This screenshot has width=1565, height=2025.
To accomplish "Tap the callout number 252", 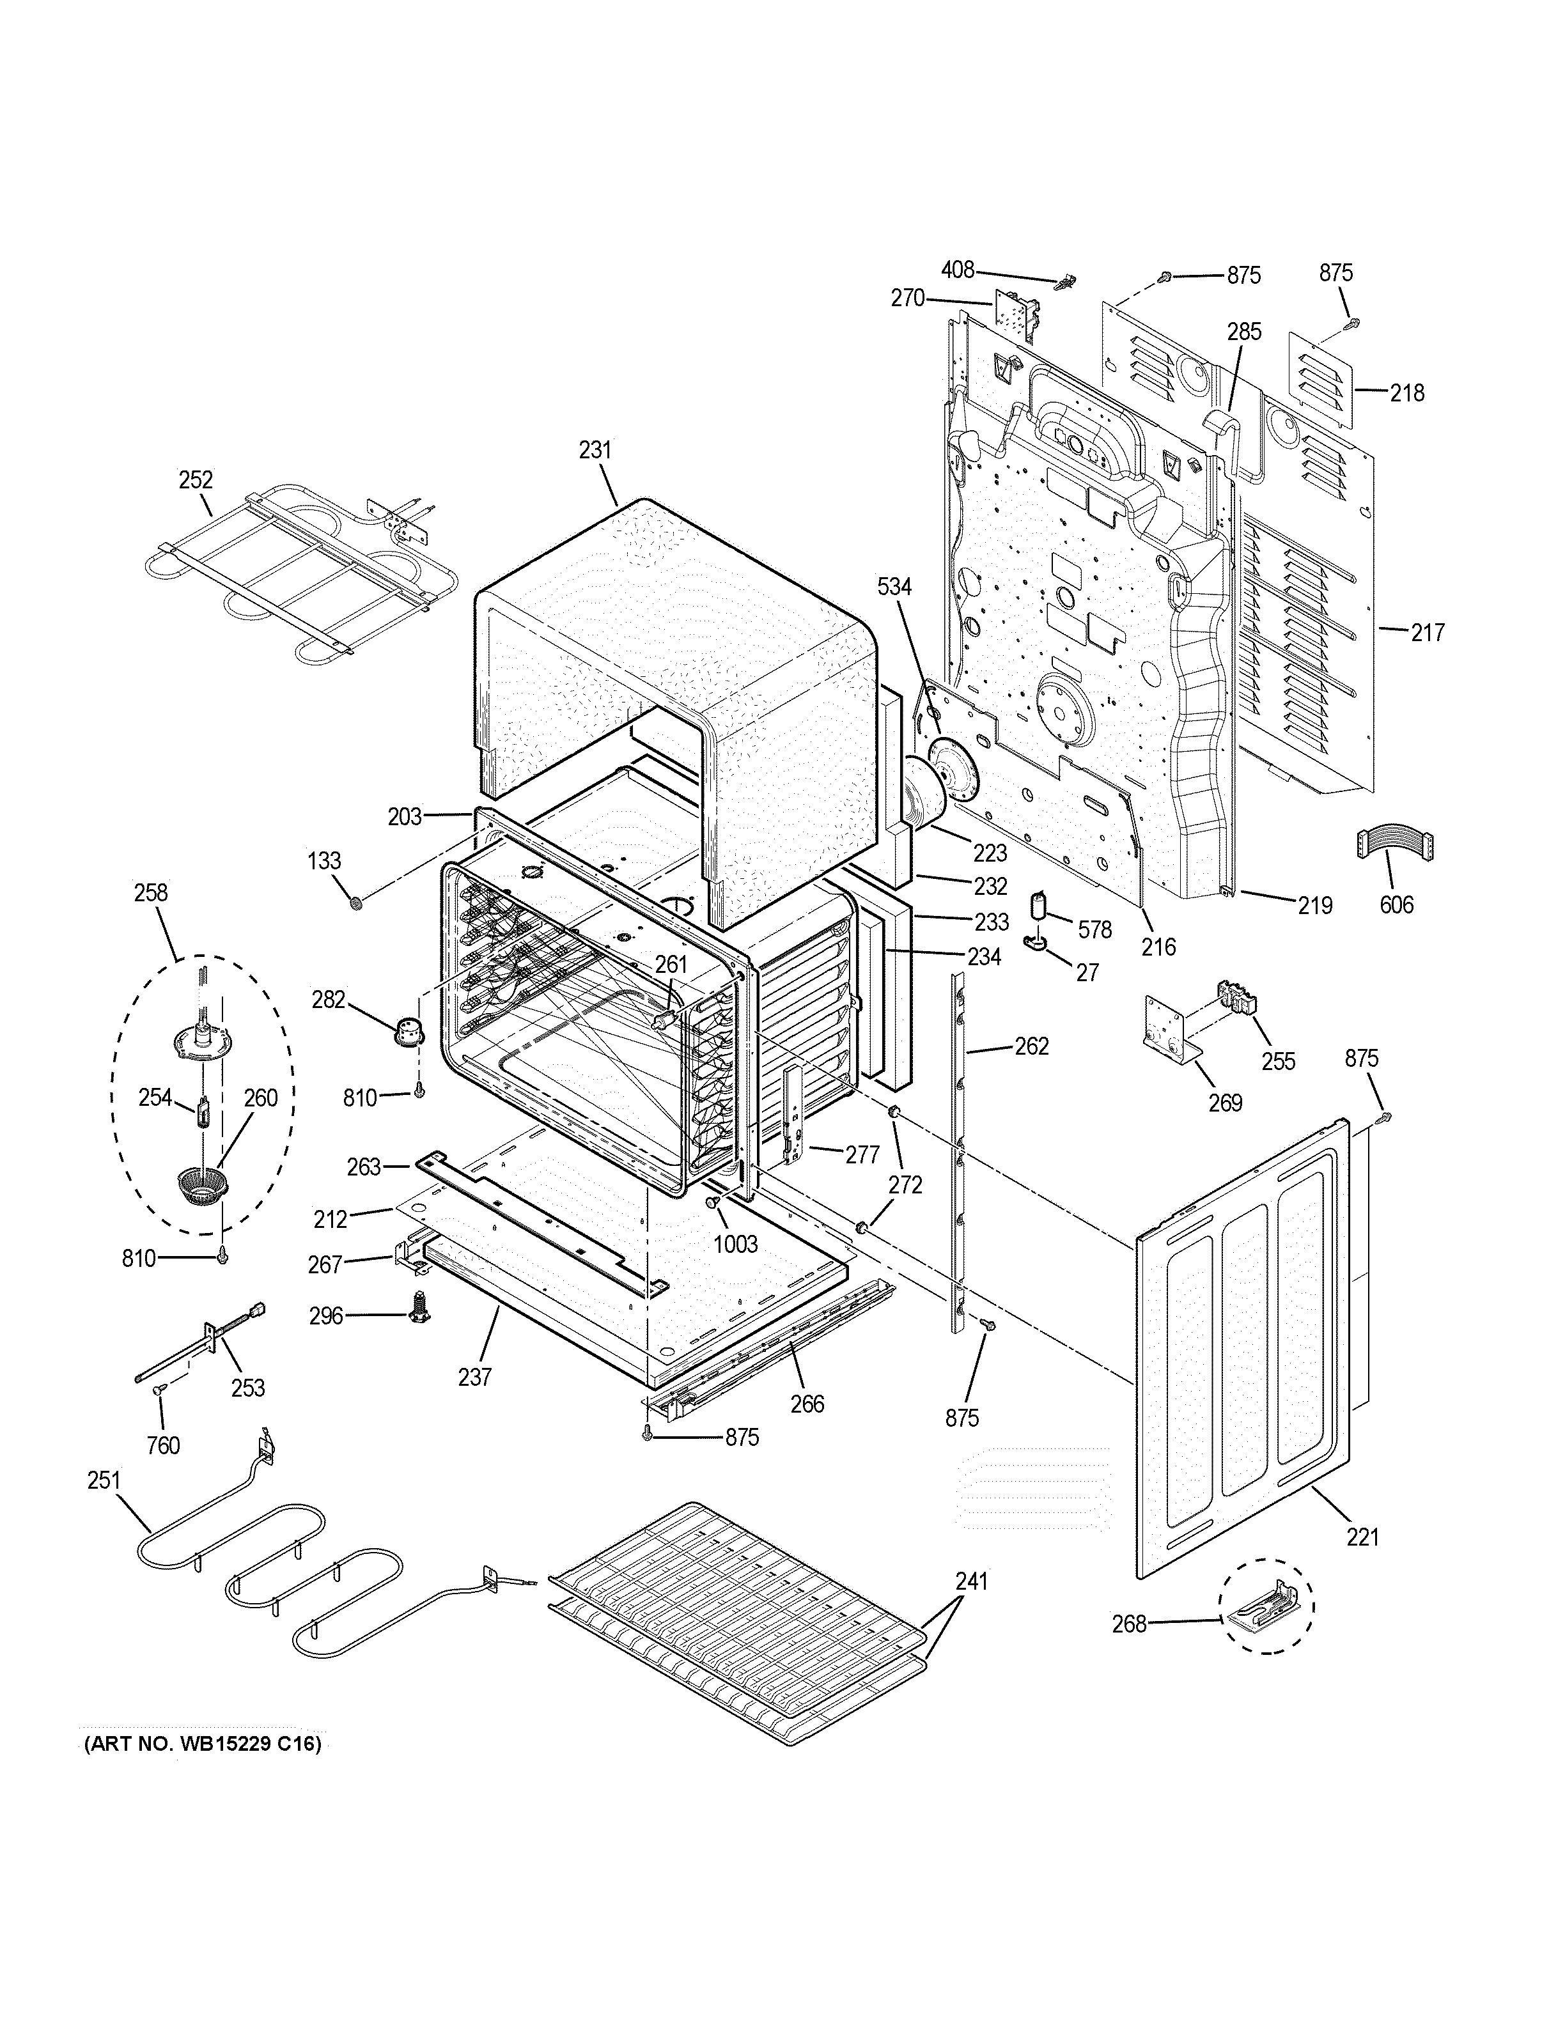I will (196, 479).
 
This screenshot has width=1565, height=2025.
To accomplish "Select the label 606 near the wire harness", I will (1396, 904).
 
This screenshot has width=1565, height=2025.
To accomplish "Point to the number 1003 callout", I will (735, 1243).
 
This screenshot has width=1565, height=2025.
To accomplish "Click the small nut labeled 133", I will (356, 902).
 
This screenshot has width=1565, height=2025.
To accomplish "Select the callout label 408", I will (958, 269).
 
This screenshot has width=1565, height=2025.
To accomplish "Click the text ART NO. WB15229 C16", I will (203, 1744).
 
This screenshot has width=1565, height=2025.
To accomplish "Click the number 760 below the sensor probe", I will (163, 1445).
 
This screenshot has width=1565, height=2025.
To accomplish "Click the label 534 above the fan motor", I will (894, 586).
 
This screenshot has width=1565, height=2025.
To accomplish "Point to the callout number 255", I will (1279, 1060).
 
